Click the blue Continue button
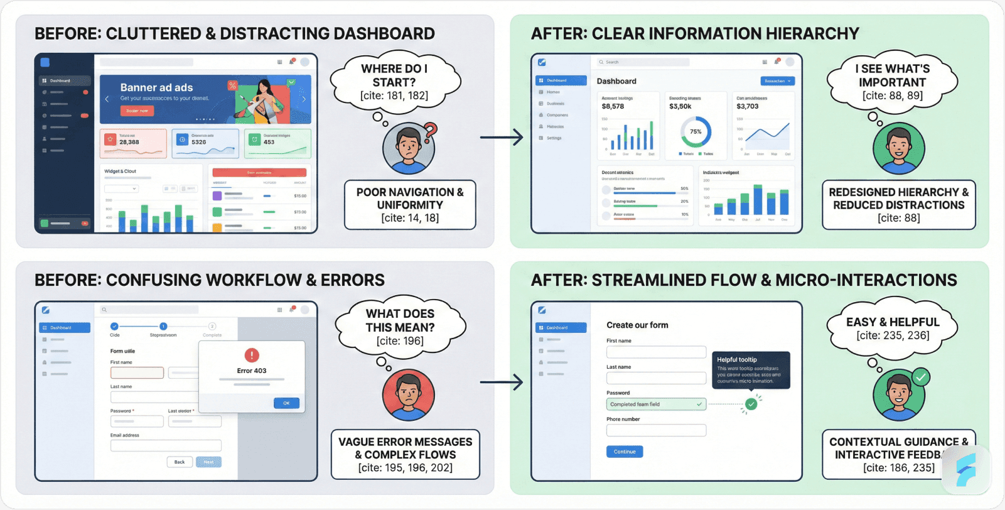pos(624,452)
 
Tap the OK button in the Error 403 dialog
pos(286,403)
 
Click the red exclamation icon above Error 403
pos(252,355)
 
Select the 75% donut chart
pos(696,131)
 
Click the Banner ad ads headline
pos(156,88)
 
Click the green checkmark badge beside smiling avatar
pos(920,377)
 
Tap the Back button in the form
pos(180,462)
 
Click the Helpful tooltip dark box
pos(751,370)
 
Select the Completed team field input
pos(656,404)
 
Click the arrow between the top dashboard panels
pos(502,137)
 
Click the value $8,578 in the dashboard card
pos(613,107)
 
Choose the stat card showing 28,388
pos(133,143)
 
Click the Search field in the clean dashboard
pos(643,62)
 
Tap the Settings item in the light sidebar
pos(554,138)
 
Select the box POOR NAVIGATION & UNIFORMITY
pos(410,205)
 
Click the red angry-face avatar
pos(409,396)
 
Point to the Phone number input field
pos(656,431)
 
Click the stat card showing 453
pos(277,143)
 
